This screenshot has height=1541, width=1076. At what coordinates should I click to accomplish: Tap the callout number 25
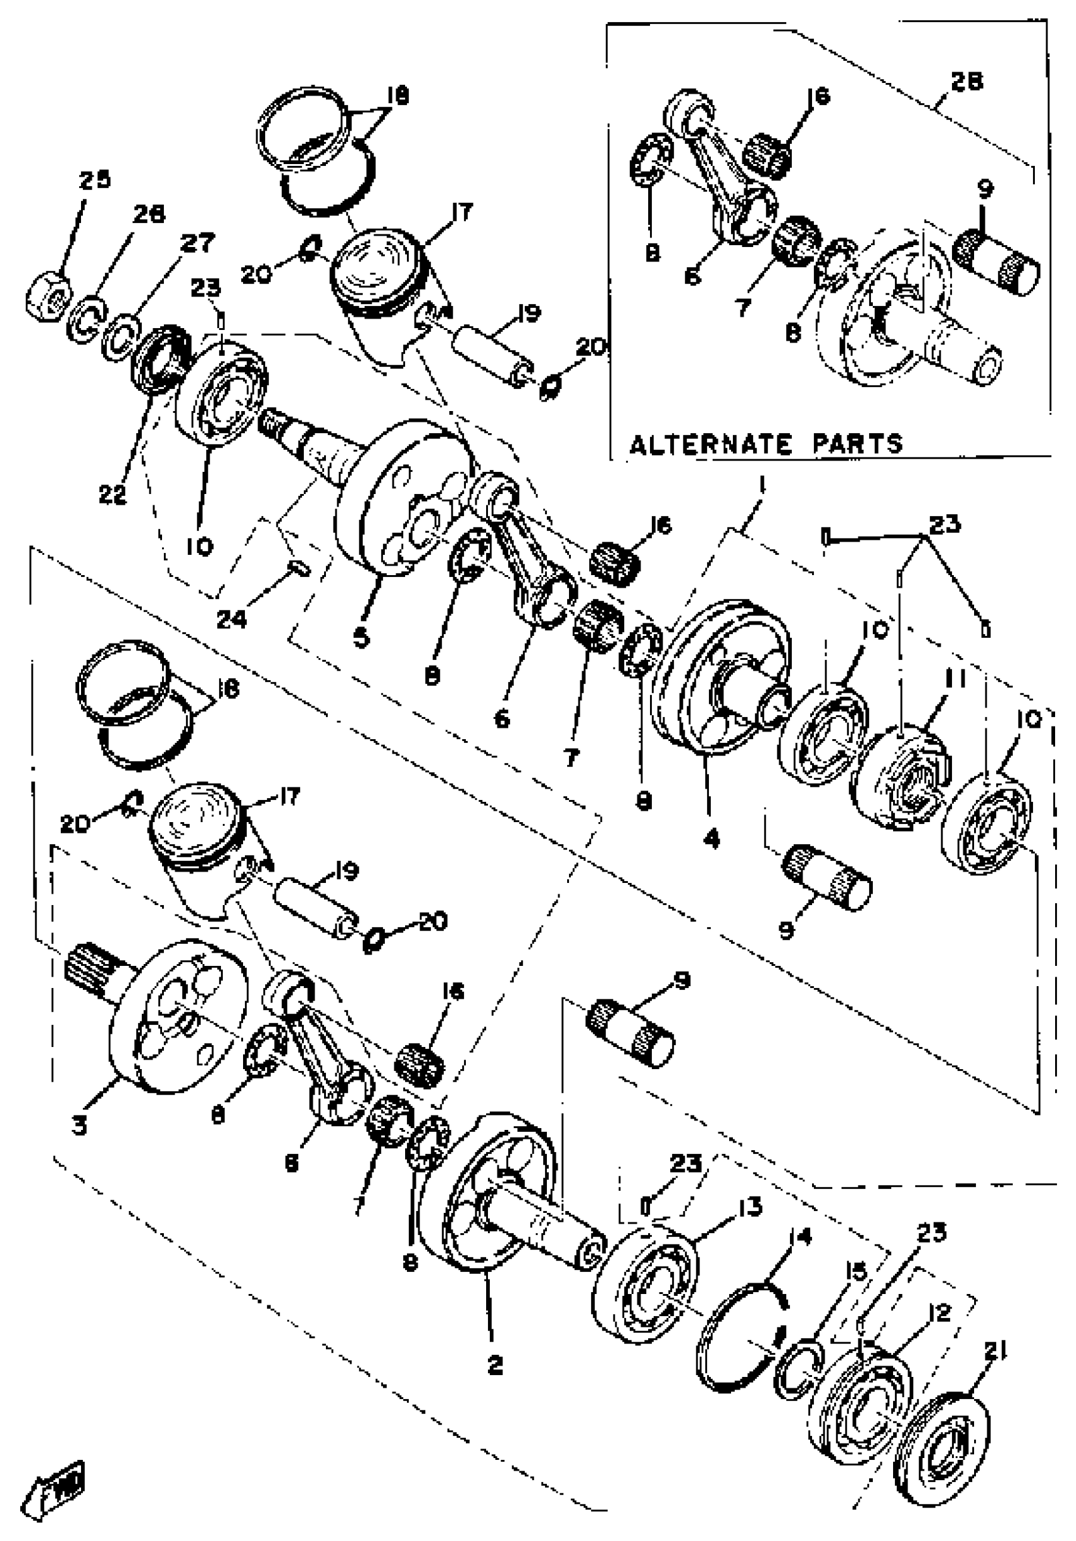[x=94, y=180]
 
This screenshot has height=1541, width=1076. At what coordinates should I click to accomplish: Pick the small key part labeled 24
[x=299, y=569]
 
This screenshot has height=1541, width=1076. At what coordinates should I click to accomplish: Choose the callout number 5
[x=361, y=638]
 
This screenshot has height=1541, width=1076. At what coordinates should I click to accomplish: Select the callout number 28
[x=967, y=80]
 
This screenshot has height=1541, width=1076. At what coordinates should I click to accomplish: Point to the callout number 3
[x=80, y=1126]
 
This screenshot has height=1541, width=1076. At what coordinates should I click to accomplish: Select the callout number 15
[x=856, y=1271]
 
